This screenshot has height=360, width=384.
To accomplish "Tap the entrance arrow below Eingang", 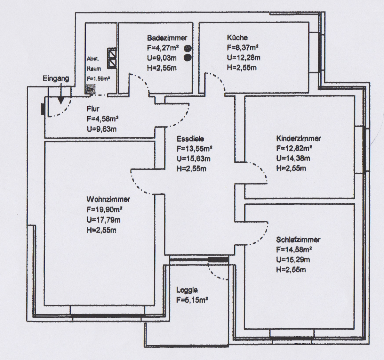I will (x=61, y=100).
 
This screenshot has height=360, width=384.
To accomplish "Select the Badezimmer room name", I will (x=167, y=38).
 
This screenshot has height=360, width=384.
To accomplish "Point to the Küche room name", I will (x=237, y=38).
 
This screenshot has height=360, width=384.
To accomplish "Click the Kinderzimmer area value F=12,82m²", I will (x=294, y=148).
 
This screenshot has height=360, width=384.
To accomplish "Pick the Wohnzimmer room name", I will (x=108, y=200).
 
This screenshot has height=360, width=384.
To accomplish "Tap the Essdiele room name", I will (x=190, y=139).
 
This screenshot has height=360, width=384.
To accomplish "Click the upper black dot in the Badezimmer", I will (x=188, y=48).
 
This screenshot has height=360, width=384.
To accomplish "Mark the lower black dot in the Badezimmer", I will (x=188, y=58).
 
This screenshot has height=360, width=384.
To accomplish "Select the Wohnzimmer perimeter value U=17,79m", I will (x=103, y=220).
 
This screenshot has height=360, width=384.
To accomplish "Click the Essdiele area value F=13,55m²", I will (x=195, y=149).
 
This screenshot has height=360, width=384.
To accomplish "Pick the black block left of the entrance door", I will (x=42, y=109).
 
